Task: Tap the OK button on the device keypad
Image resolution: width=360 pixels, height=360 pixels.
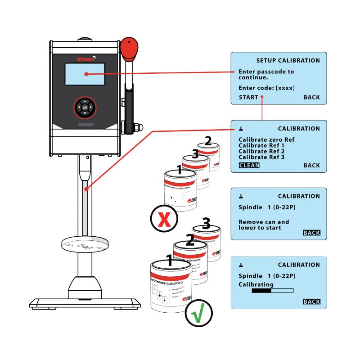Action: (85, 108)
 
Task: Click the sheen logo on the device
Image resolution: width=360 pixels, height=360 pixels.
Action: (85, 58)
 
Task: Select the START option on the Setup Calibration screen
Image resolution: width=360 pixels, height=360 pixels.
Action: (248, 97)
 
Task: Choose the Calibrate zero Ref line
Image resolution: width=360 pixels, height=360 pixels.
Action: (266, 140)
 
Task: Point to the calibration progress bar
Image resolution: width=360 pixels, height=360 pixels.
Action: (272, 291)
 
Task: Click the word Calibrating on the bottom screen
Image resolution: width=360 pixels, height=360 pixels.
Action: (256, 285)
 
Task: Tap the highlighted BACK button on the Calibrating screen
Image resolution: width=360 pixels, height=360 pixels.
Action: (311, 301)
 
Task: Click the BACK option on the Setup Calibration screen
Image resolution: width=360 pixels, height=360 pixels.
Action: (311, 97)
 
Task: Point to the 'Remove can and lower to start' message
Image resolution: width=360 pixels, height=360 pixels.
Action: (264, 225)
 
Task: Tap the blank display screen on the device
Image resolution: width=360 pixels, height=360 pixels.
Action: (85, 75)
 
